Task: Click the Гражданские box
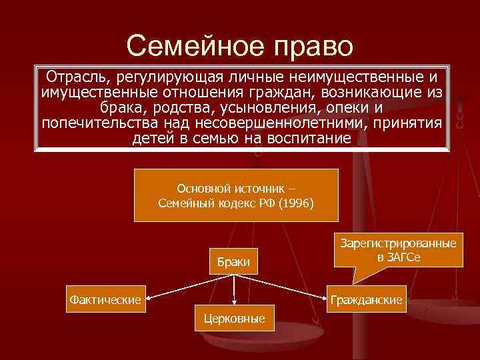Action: point(367,300)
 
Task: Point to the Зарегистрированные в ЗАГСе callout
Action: point(399,251)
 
